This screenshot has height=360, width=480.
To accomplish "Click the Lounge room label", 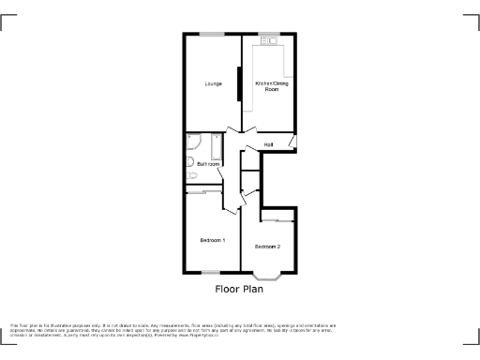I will (x=213, y=84).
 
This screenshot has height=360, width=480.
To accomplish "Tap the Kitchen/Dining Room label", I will (x=268, y=86).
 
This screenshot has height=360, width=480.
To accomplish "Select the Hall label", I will (x=268, y=144).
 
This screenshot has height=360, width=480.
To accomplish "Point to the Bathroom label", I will (x=208, y=164).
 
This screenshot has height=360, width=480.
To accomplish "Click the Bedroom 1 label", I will (x=213, y=241).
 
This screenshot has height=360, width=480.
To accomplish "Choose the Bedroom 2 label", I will (x=267, y=247).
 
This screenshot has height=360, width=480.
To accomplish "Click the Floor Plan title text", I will (x=239, y=290).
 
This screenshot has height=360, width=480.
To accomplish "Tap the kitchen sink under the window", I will (x=270, y=40).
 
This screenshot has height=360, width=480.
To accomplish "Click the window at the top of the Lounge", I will (x=212, y=35).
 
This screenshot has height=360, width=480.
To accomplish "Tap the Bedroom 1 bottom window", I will (x=212, y=273).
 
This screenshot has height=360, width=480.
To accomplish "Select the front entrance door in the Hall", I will (x=292, y=142).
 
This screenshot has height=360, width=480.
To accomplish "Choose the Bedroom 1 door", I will (x=226, y=203).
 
